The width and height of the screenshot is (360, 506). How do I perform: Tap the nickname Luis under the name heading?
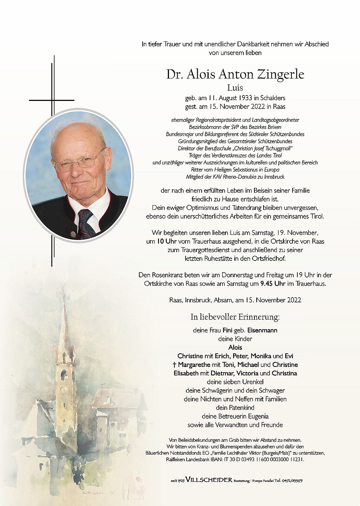235,88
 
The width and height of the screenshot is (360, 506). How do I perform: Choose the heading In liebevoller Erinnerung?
235,317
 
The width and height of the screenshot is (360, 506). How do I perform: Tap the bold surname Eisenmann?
262,330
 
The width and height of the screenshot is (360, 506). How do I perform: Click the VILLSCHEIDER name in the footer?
209,480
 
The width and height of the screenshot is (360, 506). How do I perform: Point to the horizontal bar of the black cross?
51,100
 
